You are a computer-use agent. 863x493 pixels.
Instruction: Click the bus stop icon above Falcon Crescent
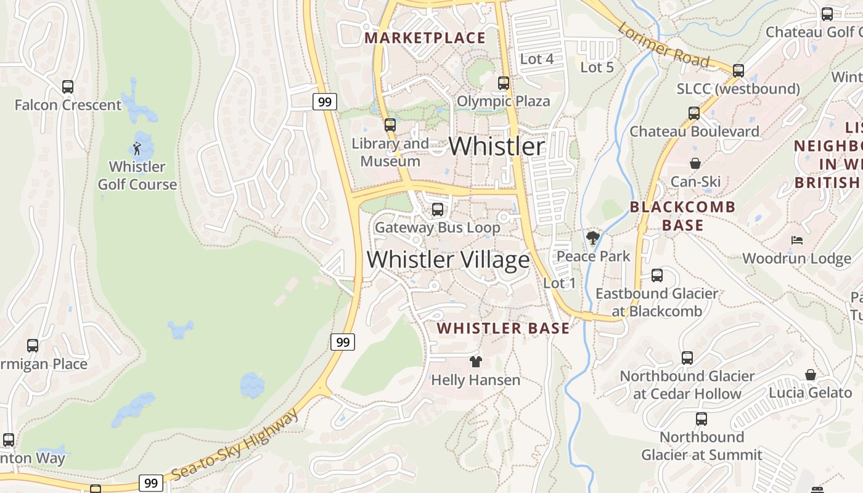tap(68, 87)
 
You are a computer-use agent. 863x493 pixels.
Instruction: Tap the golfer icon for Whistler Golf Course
tap(137, 149)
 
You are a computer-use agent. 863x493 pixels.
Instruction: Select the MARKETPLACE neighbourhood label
tap(425, 38)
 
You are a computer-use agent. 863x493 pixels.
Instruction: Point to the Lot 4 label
tap(537, 59)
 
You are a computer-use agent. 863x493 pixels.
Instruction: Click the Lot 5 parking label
tap(597, 67)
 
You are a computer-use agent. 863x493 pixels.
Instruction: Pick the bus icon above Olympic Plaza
tap(504, 83)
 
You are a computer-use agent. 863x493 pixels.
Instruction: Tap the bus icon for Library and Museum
tap(390, 125)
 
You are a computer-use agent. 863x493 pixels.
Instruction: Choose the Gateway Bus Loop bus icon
tap(437, 210)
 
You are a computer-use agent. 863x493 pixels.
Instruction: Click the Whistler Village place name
tap(448, 259)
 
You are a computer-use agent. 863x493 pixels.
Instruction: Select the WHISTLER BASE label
tap(503, 328)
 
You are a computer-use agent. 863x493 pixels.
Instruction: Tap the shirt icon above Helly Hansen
tap(475, 362)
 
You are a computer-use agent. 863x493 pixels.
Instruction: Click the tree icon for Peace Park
tap(593, 237)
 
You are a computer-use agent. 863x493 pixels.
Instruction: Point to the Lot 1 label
tap(559, 283)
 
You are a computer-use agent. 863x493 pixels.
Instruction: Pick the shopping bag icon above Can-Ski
tap(695, 163)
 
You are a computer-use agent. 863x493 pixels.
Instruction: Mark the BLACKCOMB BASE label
tap(682, 216)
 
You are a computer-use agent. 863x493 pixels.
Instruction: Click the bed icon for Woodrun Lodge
tap(797, 240)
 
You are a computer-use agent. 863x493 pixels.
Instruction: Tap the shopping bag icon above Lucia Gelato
tap(811, 375)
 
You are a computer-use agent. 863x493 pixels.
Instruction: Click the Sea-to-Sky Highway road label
tap(235, 446)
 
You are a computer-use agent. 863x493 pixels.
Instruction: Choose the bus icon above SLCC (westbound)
tap(738, 70)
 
